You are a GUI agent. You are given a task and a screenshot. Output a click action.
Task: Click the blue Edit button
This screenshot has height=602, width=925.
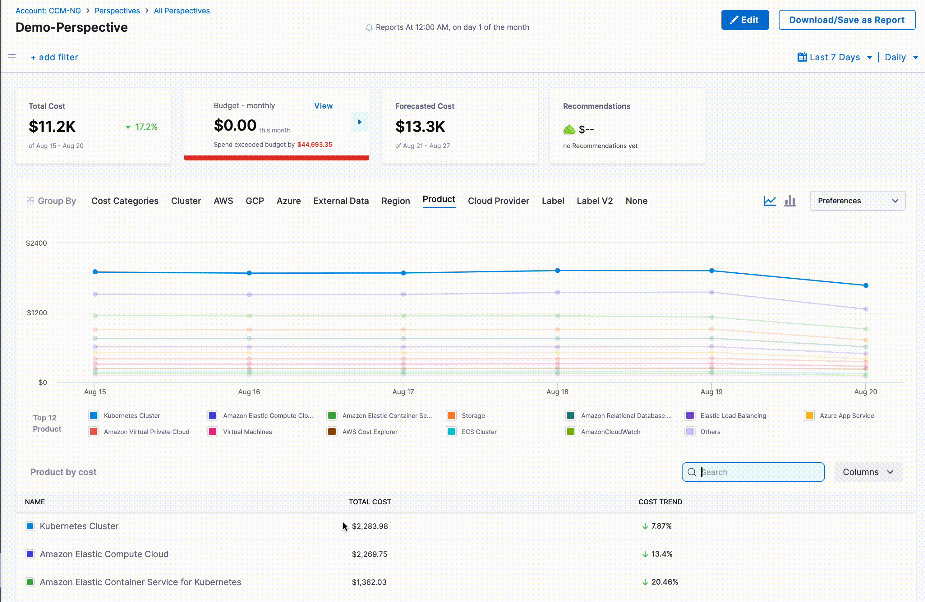pyautogui.click(x=744, y=20)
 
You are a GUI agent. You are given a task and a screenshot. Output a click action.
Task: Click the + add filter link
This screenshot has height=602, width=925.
pyautogui.click(x=54, y=57)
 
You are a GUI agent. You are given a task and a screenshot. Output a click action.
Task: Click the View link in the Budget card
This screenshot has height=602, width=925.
pyautogui.click(x=323, y=106)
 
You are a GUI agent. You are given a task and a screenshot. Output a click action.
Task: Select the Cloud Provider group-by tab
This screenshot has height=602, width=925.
pyautogui.click(x=498, y=201)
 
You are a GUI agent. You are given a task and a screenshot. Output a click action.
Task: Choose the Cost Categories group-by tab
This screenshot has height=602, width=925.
pyautogui.click(x=125, y=201)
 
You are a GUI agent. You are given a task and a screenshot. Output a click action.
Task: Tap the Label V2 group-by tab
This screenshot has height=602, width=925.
pyautogui.click(x=594, y=201)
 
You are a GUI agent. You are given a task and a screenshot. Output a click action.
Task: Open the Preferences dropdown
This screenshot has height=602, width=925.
pyautogui.click(x=857, y=201)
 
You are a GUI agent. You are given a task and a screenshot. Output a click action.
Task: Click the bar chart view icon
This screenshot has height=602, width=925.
pyautogui.click(x=790, y=201)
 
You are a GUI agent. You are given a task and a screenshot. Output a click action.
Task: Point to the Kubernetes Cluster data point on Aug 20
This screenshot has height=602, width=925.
pyautogui.click(x=866, y=285)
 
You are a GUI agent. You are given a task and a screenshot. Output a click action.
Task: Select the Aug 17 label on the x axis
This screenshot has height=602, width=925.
pyautogui.click(x=403, y=391)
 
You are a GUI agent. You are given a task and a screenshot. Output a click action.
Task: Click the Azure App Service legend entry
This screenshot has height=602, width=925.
pyautogui.click(x=846, y=415)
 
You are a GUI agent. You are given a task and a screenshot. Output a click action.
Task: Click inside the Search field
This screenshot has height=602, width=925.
pyautogui.click(x=758, y=472)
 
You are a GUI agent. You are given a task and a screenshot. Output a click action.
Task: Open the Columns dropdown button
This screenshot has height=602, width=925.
pyautogui.click(x=868, y=472)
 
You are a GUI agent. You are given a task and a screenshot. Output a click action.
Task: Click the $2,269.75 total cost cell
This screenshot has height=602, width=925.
pyautogui.click(x=369, y=554)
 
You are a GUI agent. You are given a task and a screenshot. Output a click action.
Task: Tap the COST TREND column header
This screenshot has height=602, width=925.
pyautogui.click(x=660, y=502)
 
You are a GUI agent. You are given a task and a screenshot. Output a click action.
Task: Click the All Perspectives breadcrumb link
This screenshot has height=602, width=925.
pyautogui.click(x=182, y=11)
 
